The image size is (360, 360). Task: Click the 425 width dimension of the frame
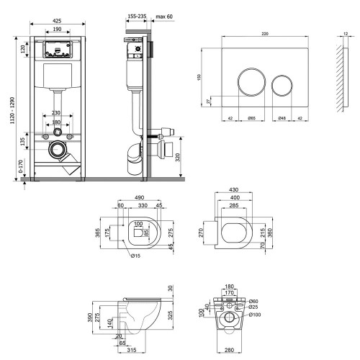pyautogui.click(x=57, y=21)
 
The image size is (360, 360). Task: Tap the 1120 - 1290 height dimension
pyautogui.click(x=12, y=110)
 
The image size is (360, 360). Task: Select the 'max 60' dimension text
pyautogui.click(x=164, y=17)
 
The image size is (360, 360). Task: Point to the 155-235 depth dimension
pyautogui.click(x=137, y=17)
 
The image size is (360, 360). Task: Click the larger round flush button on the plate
pyautogui.click(x=252, y=82)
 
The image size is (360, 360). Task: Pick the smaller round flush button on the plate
pyautogui.click(x=282, y=86)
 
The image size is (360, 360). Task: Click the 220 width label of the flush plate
pyautogui.click(x=265, y=34)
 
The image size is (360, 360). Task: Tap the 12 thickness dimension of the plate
pyautogui.click(x=346, y=34)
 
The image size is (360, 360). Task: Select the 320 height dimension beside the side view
pyautogui.click(x=178, y=157)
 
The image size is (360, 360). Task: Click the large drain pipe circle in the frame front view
pyautogui.click(x=58, y=150)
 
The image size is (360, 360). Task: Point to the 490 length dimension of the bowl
pyautogui.click(x=139, y=197)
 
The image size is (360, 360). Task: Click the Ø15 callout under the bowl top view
pyautogui.click(x=135, y=256)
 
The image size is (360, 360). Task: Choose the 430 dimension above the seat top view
pyautogui.click(x=233, y=189)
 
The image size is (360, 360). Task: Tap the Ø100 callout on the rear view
pyautogui.click(x=255, y=315)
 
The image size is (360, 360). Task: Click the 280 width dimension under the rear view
pyautogui.click(x=229, y=350)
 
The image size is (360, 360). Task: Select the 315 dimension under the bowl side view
pyautogui.click(x=132, y=350)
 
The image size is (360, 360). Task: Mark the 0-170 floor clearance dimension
pyautogui.click(x=21, y=166)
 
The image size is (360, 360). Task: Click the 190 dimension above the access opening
pyautogui.click(x=57, y=29)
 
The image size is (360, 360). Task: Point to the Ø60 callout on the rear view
pyautogui.click(x=253, y=301)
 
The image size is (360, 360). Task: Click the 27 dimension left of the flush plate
pyautogui.click(x=208, y=101)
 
